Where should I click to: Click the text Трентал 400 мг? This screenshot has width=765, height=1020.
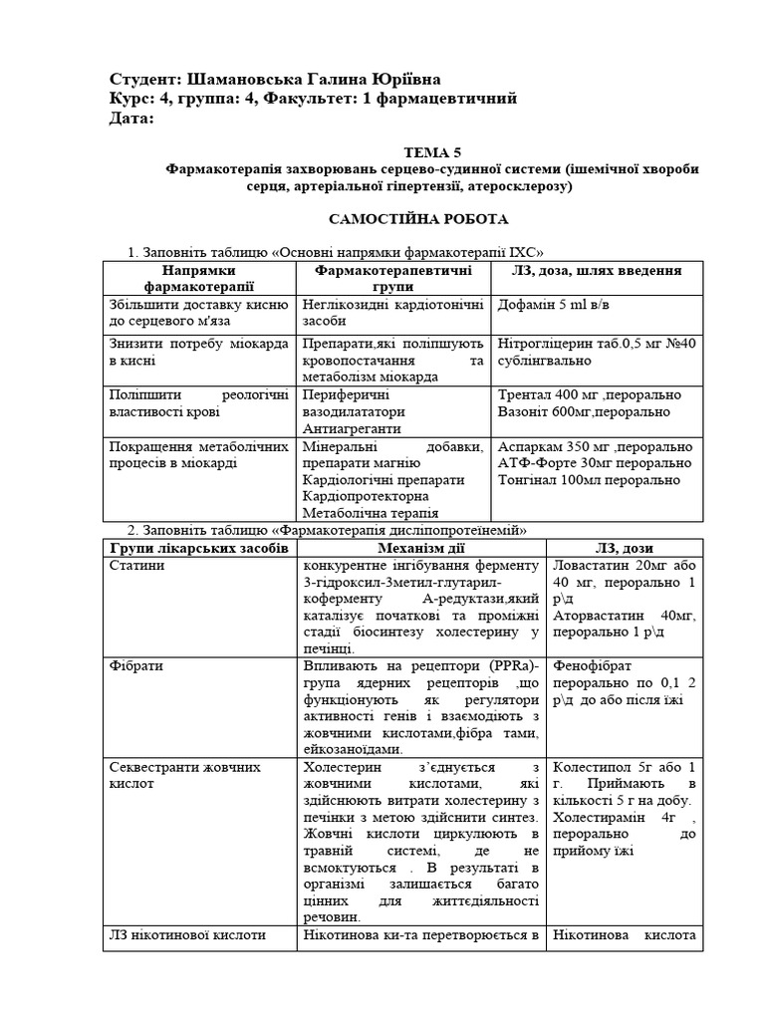coord(546,393)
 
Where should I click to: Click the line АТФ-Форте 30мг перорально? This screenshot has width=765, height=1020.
coord(594,462)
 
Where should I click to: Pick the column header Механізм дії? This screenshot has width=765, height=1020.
coord(421,548)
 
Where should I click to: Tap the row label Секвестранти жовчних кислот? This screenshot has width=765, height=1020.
coord(183,776)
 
